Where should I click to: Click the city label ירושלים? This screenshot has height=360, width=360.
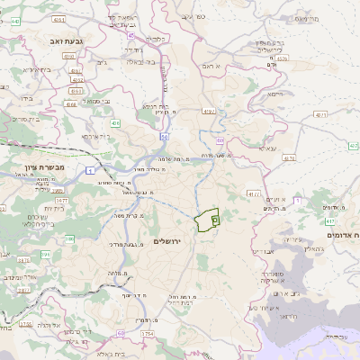pos(168,241)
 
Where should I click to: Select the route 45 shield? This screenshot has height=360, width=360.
pos(130,35)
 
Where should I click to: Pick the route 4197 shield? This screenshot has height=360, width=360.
pos(320,115)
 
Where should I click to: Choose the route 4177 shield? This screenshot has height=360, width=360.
pos(254,193)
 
